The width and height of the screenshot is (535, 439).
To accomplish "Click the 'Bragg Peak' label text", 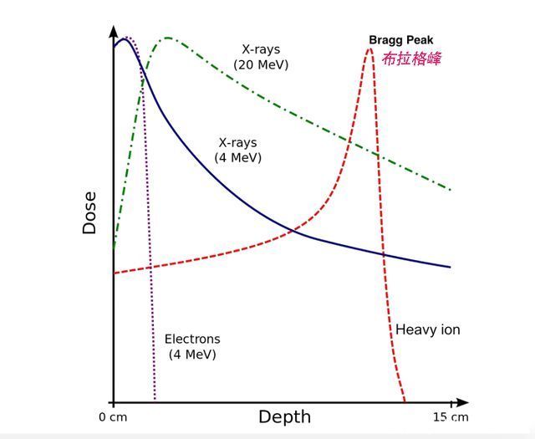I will pyautogui.click(x=401, y=40).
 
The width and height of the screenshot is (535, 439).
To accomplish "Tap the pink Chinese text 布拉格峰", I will pyautogui.click(x=410, y=59).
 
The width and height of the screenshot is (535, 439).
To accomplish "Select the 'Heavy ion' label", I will pyautogui.click(x=427, y=329).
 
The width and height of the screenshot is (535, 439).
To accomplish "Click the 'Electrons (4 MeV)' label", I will pyautogui.click(x=192, y=346).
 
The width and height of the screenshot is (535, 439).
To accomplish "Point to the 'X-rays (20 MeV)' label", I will pyautogui.click(x=261, y=57).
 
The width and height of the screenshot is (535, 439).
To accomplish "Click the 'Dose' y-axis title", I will pyautogui.click(x=89, y=213).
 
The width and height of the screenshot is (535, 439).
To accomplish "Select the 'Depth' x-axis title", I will pyautogui.click(x=284, y=417).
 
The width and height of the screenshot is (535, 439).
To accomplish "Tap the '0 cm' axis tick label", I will pyautogui.click(x=112, y=417).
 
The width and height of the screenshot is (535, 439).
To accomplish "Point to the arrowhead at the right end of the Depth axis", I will pyautogui.click(x=461, y=402).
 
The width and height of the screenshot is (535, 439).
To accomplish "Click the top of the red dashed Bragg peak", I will pyautogui.click(x=369, y=48).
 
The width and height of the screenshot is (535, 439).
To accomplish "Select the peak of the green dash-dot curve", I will pyautogui.click(x=168, y=38).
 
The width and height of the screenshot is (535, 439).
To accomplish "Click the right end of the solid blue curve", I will pyautogui.click(x=451, y=268).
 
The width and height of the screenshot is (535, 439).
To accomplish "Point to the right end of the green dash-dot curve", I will pyautogui.click(x=451, y=190).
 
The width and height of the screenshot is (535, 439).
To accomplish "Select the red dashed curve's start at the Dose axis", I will pyautogui.click(x=115, y=273).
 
